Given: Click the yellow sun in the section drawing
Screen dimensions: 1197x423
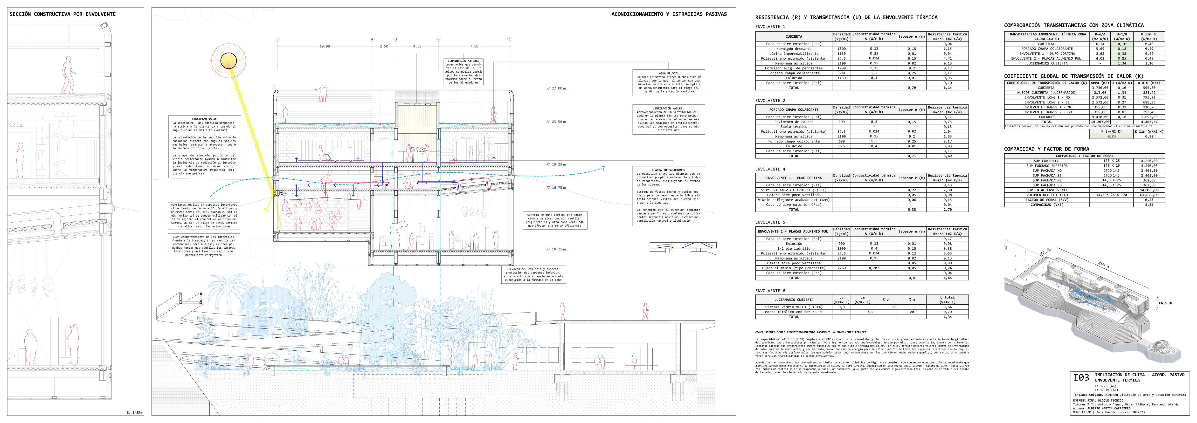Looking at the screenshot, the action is (229, 60).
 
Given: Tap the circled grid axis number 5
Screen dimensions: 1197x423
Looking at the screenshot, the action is (277, 40).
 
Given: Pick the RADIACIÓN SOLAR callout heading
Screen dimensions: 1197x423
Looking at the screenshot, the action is (204, 119).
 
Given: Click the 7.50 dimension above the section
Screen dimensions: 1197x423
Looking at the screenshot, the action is (474, 47).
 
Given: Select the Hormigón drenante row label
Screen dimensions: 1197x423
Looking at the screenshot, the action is (793, 49).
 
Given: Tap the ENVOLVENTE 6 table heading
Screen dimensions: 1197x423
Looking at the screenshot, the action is (770, 291).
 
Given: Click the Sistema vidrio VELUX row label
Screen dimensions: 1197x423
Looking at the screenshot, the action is (793, 307).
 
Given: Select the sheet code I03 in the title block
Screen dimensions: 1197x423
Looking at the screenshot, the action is (1081, 378).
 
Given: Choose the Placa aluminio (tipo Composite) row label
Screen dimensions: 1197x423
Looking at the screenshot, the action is (793, 268).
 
